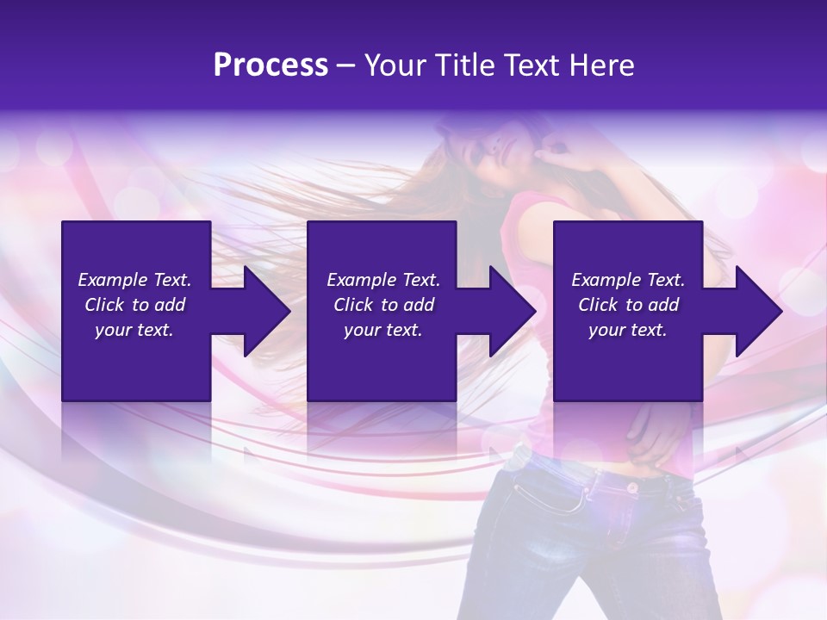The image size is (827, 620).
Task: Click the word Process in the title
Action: coord(270,65)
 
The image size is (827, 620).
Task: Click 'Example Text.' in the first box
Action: coord(134,280)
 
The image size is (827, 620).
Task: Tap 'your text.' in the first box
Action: coord(134,330)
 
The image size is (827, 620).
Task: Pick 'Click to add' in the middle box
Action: coord(383,305)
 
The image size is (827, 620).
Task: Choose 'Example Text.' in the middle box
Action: coord(383,280)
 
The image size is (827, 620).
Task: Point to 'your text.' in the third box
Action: coord(628,330)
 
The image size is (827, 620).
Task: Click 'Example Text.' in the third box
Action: coord(628,280)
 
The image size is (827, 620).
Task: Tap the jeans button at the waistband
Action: coord(631,487)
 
